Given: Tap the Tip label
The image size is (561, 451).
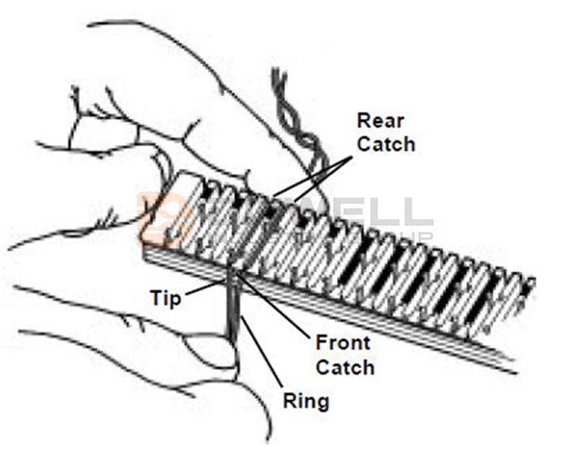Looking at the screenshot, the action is (165, 298).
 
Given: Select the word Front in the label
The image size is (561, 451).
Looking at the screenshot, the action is (343, 344).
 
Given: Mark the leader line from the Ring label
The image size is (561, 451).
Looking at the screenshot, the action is (262, 352).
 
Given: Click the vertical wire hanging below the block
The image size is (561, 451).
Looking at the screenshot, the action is (234, 314).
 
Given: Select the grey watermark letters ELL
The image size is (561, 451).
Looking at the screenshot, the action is (389, 213).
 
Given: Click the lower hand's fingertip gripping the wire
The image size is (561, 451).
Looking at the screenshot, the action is (217, 352).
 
